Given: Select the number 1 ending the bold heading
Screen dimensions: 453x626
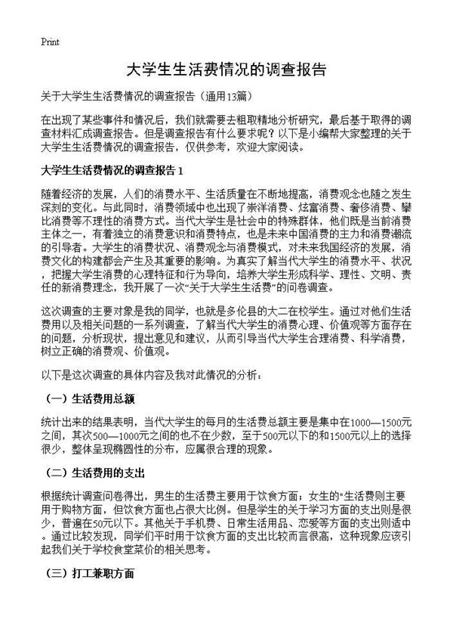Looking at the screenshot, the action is (178, 167).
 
